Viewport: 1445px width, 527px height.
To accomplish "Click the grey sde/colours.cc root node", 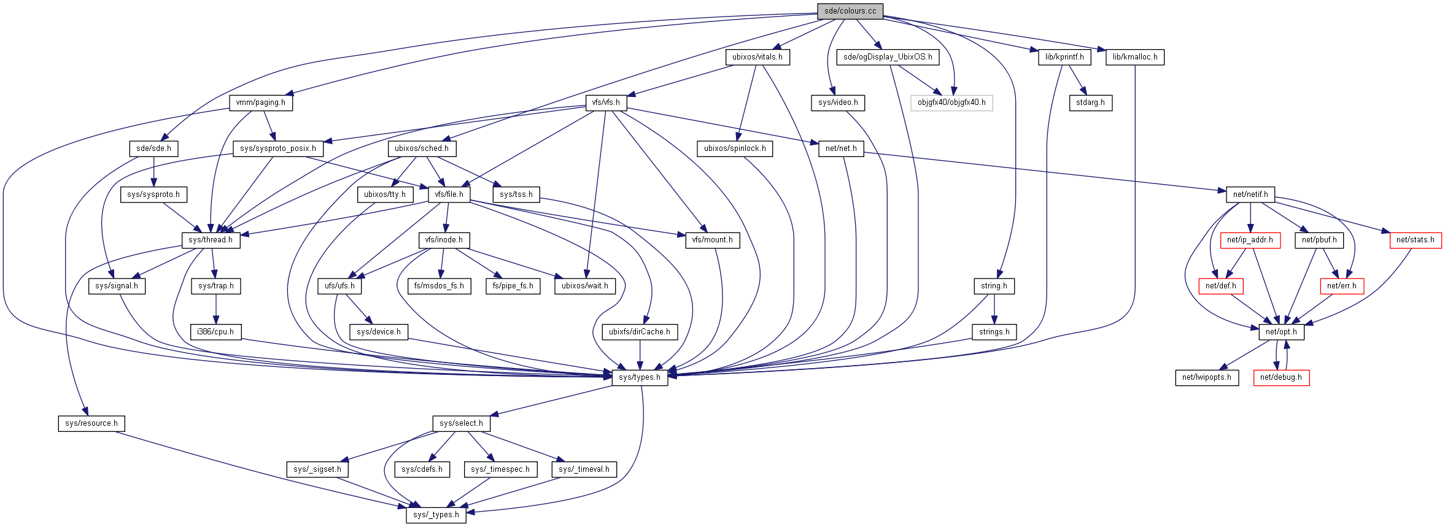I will point(850,11).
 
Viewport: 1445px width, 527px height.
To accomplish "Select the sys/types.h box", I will point(640,377).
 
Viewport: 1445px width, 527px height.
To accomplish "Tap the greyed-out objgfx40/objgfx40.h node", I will point(951,102).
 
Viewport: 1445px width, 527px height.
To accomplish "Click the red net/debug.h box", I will point(1281,377).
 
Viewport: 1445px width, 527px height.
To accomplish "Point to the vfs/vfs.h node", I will point(606,102).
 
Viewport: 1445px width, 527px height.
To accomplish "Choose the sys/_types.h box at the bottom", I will point(436,515).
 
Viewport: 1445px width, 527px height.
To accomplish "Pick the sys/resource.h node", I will point(91,423).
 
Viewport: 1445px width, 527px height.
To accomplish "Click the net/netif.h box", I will point(1250,194).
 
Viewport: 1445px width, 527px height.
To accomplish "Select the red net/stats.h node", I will point(1415,240).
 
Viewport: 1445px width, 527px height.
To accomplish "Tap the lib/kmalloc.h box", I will point(1135,57).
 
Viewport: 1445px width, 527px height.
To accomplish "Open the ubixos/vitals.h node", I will point(757,57).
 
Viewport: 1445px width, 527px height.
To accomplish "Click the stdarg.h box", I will point(1090,102).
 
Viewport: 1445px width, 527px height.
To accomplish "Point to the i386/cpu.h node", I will point(215,332).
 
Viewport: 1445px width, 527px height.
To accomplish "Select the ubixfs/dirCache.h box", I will point(640,332).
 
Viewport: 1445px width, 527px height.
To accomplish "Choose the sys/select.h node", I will point(462,423).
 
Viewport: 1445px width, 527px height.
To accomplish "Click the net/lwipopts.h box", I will point(1207,377).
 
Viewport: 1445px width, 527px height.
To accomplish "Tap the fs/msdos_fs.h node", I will point(439,286).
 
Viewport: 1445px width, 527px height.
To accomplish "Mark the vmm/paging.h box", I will point(261,102).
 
